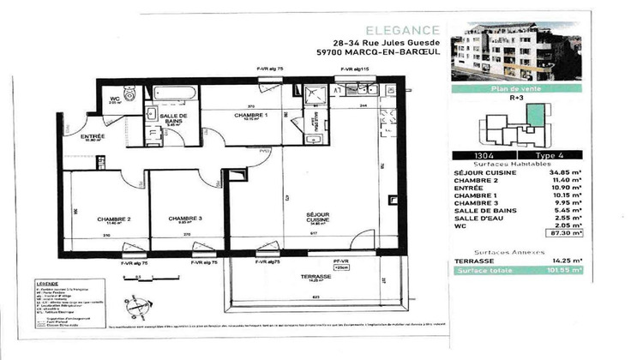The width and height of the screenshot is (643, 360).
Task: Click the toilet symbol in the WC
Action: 129,95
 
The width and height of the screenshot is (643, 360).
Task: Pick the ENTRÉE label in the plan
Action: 93,137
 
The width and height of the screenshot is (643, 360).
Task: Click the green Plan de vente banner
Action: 517,88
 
